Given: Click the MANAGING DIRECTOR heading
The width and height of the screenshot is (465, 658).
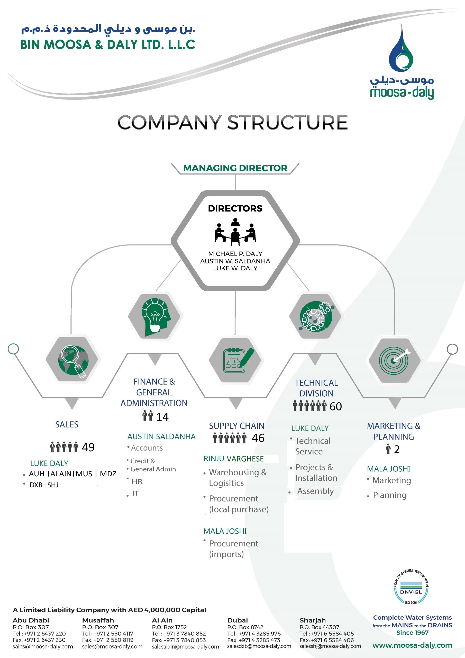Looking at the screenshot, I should tap(235, 168).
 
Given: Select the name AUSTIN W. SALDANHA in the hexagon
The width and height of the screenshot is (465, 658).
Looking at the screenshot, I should tap(235, 261).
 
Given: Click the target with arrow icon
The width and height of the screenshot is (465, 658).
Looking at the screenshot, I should tap(395, 360).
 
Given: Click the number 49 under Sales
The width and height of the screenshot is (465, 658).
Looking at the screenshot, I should tap(88, 447).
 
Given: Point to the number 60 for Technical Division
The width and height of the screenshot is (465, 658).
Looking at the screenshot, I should tap(335, 406).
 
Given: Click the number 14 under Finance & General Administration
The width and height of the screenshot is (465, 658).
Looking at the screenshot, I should tap(162, 417).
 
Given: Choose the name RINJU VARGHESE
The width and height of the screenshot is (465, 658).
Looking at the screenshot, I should tap(234, 459).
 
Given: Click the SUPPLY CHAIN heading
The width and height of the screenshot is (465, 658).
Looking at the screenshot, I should tap(236, 426).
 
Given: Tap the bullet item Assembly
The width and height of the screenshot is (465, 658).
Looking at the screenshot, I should tap(315, 491).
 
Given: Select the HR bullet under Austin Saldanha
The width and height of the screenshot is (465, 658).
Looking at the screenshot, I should tap(137, 481).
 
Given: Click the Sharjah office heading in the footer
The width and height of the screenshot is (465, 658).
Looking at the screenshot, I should tap(313, 620).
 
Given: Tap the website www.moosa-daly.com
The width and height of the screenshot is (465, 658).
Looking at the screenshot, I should tap(412, 645).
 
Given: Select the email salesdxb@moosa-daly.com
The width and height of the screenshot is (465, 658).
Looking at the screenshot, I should tap(259, 646).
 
